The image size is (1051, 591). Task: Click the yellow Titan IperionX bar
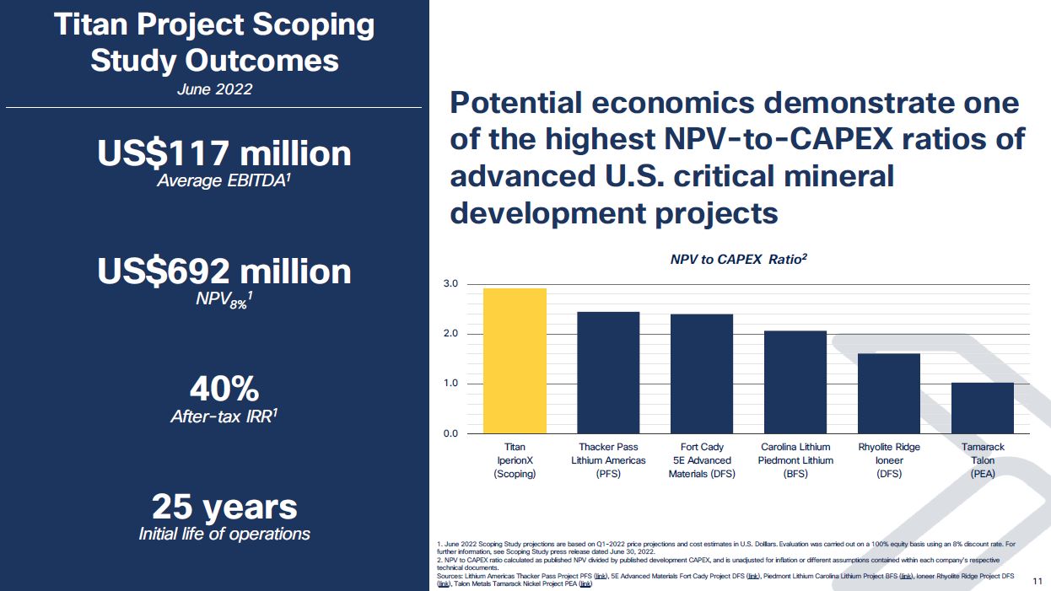point(515,361)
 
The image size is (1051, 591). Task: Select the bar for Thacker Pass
point(608,373)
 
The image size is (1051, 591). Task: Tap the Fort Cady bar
point(702,373)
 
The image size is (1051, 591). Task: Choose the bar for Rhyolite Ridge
point(889,393)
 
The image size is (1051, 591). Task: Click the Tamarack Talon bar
point(983,408)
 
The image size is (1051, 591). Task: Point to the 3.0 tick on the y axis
point(450,284)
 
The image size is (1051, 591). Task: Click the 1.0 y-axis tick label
point(450,384)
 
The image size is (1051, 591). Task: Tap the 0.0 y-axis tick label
point(450,433)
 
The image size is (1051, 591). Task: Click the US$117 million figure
point(224,153)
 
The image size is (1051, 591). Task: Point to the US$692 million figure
point(224,271)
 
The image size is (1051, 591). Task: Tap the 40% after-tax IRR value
point(224,389)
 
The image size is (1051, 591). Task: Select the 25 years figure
point(224,507)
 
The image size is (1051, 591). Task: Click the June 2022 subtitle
point(214,89)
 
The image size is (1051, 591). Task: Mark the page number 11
point(1038,582)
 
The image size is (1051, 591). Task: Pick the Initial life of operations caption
point(224,534)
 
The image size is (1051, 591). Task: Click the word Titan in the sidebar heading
point(91,24)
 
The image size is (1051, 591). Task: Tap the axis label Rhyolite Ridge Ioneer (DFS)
point(889,460)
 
